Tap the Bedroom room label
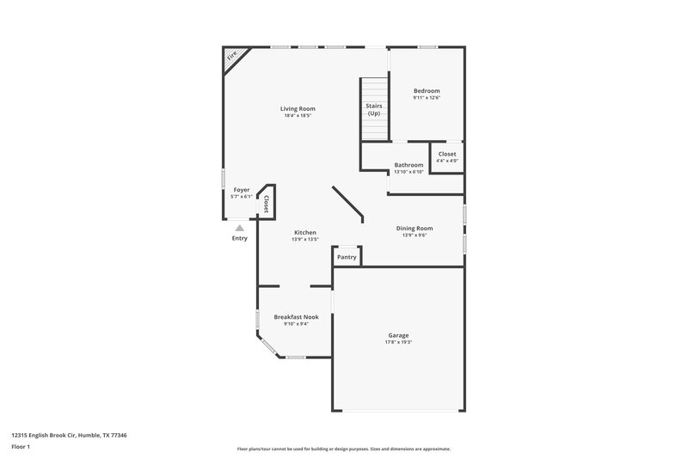click(427, 90)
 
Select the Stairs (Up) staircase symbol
click(374, 109)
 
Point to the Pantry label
click(347, 257)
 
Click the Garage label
click(398, 335)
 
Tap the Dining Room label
click(415, 228)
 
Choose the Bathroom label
click(408, 164)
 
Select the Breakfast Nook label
click(297, 317)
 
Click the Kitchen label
click(305, 232)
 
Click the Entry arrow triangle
click(239, 229)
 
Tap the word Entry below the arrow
click(239, 238)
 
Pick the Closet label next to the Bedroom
click(447, 154)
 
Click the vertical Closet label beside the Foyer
click(267, 204)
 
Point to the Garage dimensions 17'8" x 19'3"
click(398, 343)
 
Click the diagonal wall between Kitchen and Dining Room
click(348, 205)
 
